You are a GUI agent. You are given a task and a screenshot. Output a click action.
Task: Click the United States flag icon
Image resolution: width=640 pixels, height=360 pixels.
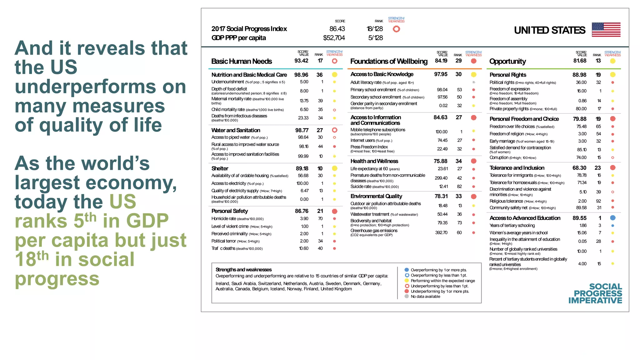click(606, 30)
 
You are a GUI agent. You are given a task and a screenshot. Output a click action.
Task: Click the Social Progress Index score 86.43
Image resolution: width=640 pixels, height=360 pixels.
click(337, 29)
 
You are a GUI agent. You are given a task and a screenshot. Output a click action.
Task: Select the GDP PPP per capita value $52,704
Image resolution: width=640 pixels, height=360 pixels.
click(334, 38)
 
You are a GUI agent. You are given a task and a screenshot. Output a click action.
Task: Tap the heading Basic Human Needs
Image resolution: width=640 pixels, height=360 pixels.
click(242, 61)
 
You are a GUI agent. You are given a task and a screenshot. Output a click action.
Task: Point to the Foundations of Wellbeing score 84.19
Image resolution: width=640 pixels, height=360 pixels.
click(441, 61)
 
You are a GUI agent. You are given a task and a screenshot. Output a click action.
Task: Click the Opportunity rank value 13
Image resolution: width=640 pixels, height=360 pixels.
click(598, 61)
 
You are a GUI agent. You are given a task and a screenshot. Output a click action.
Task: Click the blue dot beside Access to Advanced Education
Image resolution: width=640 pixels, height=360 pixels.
click(612, 218)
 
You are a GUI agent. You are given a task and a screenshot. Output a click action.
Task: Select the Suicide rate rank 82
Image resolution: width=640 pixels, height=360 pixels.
click(459, 187)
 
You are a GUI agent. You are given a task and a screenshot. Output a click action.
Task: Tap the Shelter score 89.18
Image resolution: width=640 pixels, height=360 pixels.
click(302, 168)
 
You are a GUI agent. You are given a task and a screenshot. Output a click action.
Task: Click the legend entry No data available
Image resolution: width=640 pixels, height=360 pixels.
click(425, 297)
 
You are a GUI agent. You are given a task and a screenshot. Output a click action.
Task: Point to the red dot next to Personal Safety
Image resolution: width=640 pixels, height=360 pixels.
click(334, 211)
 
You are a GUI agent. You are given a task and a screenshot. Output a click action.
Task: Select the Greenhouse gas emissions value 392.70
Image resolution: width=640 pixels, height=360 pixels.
click(441, 233)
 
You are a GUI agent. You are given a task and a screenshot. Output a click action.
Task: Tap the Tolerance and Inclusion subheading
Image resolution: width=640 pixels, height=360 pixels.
click(517, 168)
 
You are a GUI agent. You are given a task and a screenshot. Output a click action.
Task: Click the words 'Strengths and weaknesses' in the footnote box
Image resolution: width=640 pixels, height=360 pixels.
click(243, 270)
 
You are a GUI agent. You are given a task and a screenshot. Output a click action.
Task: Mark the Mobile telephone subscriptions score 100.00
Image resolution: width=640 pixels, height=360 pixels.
click(441, 132)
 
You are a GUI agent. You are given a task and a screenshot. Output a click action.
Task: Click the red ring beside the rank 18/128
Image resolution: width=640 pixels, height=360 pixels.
click(396, 29)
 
